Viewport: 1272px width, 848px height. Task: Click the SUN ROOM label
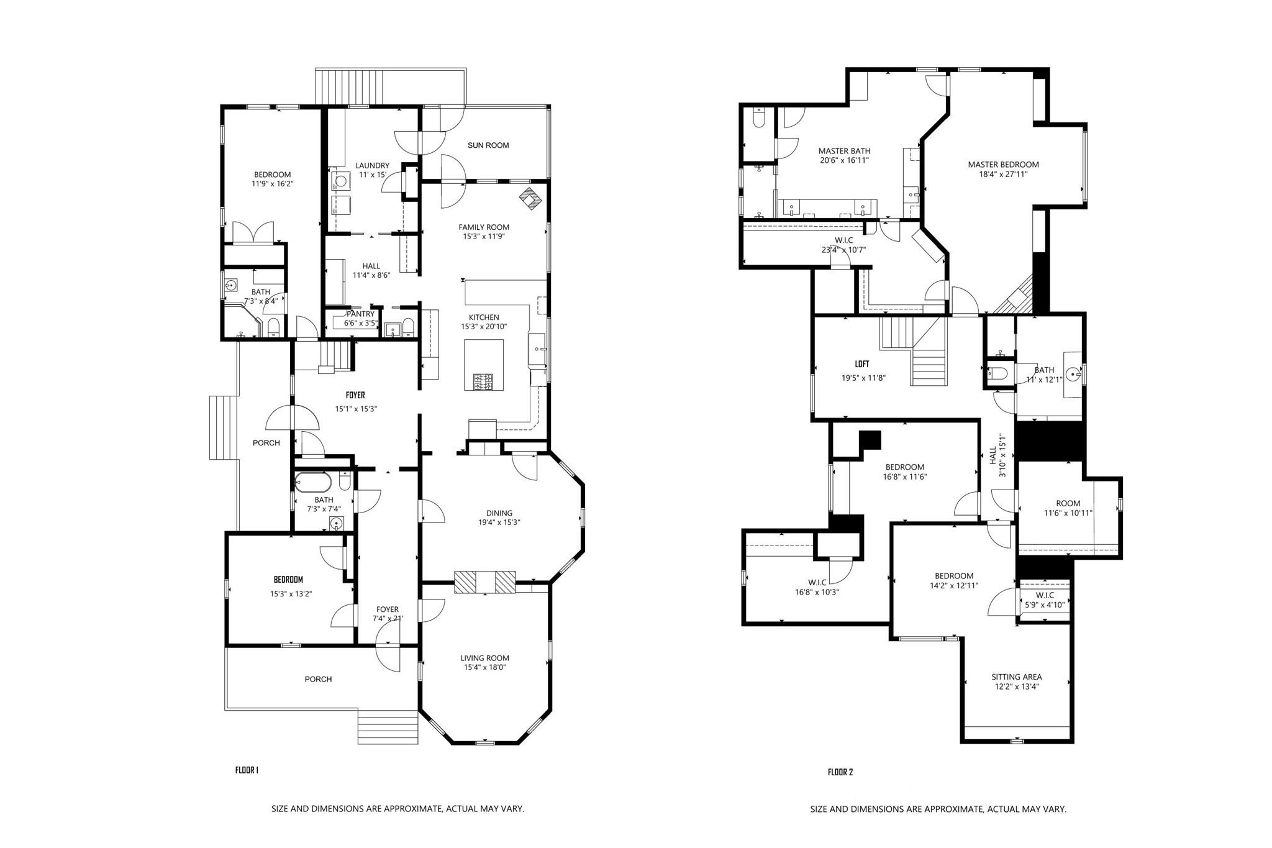click(x=488, y=145)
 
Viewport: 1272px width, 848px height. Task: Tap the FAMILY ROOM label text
click(x=484, y=227)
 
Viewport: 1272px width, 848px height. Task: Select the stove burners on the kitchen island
click(x=484, y=381)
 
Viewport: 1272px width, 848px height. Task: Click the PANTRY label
click(x=360, y=314)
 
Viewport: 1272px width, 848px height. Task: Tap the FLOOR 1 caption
click(x=247, y=770)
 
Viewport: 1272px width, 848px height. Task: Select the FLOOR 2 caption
click(x=840, y=772)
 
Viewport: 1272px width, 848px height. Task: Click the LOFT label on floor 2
click(x=861, y=365)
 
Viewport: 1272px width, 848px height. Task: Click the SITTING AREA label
click(x=1016, y=677)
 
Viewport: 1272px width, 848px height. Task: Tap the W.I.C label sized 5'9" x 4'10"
click(x=1045, y=595)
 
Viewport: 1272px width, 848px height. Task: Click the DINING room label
click(x=499, y=513)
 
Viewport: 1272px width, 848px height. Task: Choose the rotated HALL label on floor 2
click(x=993, y=455)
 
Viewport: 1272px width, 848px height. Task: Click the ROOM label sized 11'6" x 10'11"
click(x=1068, y=503)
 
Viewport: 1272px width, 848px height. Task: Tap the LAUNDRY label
click(x=372, y=165)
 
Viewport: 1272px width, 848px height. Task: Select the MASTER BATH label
click(x=844, y=151)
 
